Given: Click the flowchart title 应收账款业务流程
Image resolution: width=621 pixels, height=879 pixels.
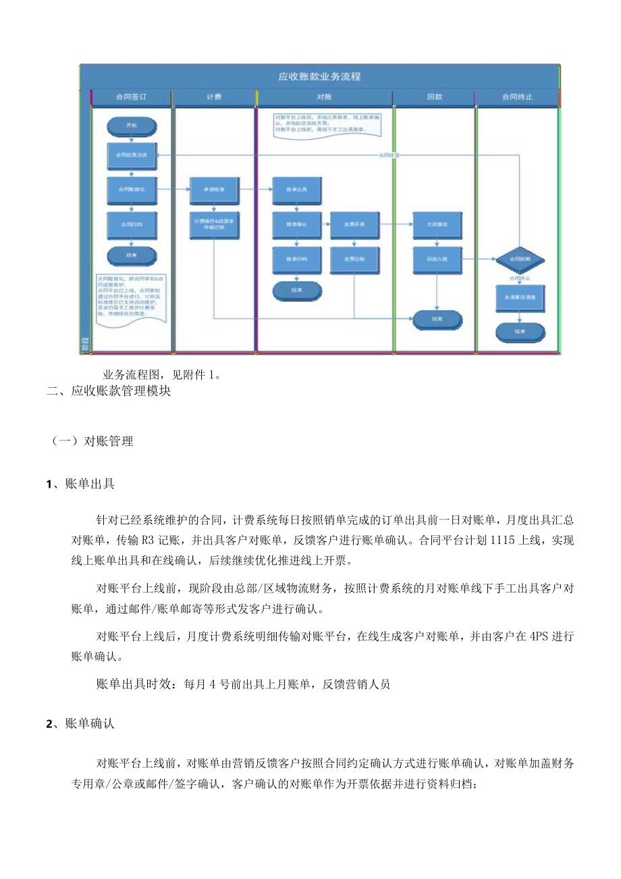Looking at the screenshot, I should [x=319, y=76].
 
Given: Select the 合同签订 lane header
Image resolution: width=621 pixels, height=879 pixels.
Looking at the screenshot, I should [x=132, y=97].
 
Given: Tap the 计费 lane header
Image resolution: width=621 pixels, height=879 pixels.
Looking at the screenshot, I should [x=214, y=97].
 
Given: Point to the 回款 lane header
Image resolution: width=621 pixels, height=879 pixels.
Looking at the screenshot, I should [x=435, y=97].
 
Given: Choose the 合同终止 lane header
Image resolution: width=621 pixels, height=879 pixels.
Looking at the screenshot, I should [x=517, y=97].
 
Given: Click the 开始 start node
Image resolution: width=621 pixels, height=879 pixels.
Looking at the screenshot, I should [x=132, y=126].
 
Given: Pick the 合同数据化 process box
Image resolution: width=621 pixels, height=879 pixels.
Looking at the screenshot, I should [x=132, y=191].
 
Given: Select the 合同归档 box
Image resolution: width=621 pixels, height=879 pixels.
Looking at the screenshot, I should [x=132, y=224].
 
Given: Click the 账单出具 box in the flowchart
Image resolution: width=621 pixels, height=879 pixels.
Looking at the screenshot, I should [x=297, y=191].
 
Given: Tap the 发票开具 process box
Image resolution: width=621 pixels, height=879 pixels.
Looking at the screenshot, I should [x=354, y=224].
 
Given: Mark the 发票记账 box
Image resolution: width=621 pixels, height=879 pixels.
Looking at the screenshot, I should [x=354, y=259].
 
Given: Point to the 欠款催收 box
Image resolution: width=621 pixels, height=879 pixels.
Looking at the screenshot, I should [x=437, y=224].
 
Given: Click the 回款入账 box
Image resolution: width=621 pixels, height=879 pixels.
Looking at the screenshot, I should [x=437, y=259].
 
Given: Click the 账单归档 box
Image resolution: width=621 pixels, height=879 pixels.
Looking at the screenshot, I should [x=297, y=259].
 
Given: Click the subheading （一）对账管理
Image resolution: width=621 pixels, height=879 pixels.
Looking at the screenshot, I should [x=92, y=442].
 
